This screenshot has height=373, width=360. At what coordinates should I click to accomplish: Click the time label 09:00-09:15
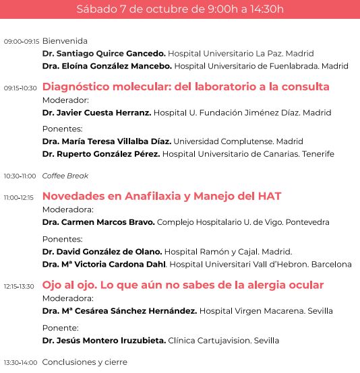(22, 42)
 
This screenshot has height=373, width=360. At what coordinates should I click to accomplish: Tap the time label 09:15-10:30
(21, 88)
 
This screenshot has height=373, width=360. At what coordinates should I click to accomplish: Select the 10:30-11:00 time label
(20, 176)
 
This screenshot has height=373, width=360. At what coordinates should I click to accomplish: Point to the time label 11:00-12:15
(19, 198)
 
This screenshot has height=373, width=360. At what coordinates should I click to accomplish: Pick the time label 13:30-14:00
(21, 363)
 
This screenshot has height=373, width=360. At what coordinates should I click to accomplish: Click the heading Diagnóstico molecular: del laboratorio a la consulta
(185, 87)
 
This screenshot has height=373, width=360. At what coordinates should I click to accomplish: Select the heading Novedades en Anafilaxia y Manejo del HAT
(162, 197)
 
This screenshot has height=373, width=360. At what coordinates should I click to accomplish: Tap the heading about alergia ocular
(183, 285)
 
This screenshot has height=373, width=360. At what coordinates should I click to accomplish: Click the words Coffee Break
(65, 176)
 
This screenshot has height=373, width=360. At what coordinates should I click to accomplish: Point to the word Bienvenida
(65, 41)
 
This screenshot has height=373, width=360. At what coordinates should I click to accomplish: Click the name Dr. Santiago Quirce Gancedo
(103, 53)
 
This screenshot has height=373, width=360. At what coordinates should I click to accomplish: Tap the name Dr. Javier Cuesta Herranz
(96, 112)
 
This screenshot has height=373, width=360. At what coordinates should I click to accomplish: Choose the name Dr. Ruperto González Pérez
(100, 154)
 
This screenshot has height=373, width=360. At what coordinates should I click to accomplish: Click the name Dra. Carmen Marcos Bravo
(98, 222)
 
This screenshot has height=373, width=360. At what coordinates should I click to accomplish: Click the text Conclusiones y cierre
(84, 362)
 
